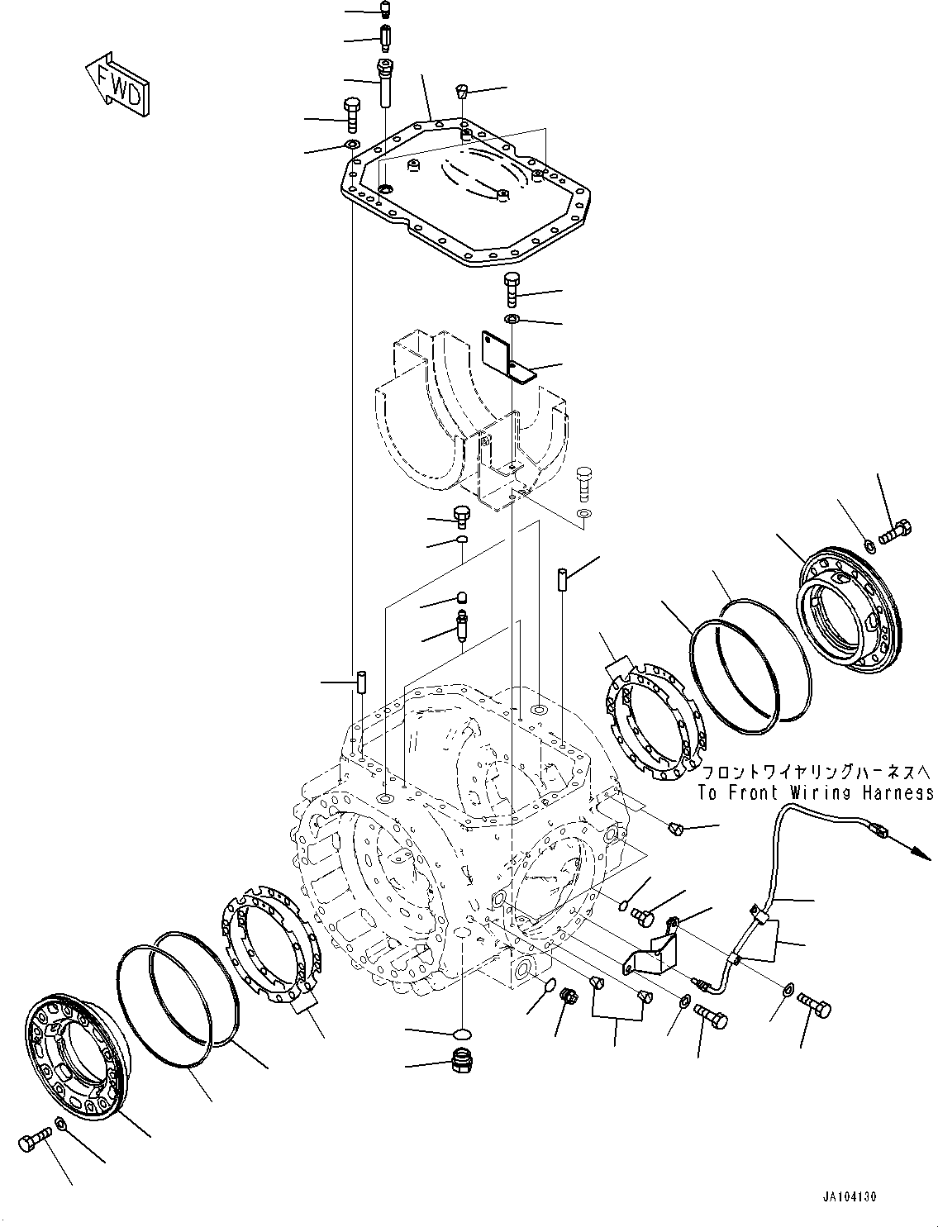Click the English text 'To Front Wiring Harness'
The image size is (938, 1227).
tap(815, 793)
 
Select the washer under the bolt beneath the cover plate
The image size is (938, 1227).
tap(512, 319)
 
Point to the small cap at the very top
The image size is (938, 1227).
tap(384, 10)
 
